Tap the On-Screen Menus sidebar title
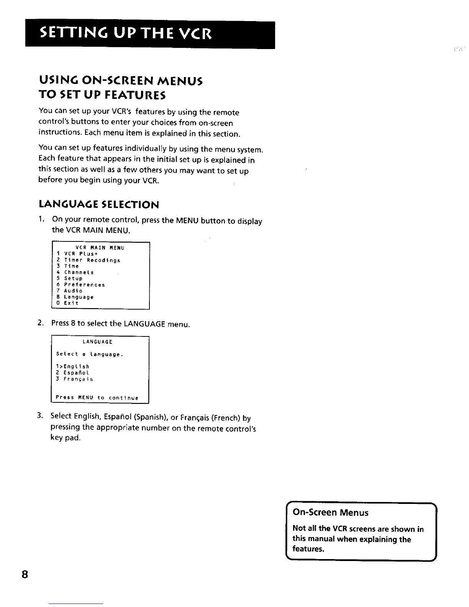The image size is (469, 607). (330, 512)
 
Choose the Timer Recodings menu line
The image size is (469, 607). (89, 260)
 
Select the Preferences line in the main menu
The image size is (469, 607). (80, 285)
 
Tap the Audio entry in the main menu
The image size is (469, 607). (69, 291)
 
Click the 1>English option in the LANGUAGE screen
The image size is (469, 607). (73, 366)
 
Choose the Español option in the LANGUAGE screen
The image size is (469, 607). (73, 372)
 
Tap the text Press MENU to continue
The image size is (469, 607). (97, 397)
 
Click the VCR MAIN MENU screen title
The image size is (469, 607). (100, 248)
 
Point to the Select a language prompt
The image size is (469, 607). (89, 354)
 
